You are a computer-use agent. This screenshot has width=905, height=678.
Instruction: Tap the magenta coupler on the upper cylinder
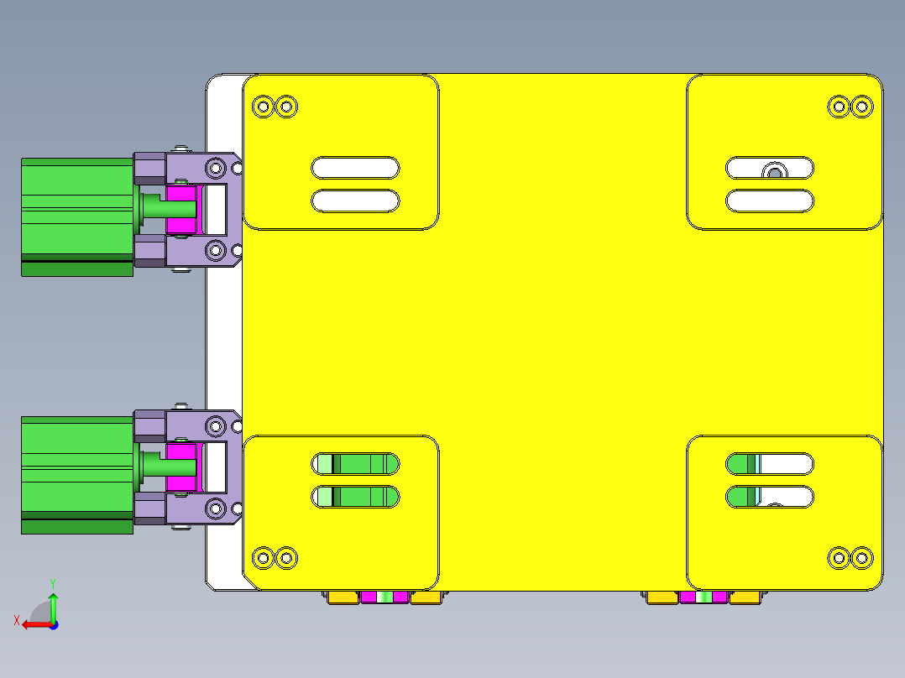tap(180, 210)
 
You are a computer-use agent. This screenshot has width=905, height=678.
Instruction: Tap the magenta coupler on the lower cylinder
tap(180, 468)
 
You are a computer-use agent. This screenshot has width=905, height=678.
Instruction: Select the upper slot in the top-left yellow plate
tap(355, 168)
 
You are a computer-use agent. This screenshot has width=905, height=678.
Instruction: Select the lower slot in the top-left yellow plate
tap(355, 201)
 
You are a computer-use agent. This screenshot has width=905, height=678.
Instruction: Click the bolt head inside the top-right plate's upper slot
tap(773, 172)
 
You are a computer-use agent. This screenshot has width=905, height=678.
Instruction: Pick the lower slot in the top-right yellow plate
tap(770, 201)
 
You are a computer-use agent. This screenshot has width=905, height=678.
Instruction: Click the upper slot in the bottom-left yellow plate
tap(355, 463)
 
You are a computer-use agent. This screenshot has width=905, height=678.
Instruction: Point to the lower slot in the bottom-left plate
tap(355, 497)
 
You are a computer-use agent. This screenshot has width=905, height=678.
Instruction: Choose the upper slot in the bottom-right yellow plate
tap(770, 463)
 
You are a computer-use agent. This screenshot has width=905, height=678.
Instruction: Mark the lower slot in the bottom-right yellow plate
tap(770, 496)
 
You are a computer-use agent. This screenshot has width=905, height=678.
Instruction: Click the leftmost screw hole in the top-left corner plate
tap(263, 107)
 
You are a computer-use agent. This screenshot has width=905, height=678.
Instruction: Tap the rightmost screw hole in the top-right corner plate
tap(861, 107)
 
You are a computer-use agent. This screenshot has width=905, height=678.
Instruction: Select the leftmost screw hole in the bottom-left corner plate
tap(263, 557)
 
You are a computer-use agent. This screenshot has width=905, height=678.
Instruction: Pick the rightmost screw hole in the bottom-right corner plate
tap(861, 557)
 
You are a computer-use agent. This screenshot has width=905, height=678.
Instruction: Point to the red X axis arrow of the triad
tap(30, 623)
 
